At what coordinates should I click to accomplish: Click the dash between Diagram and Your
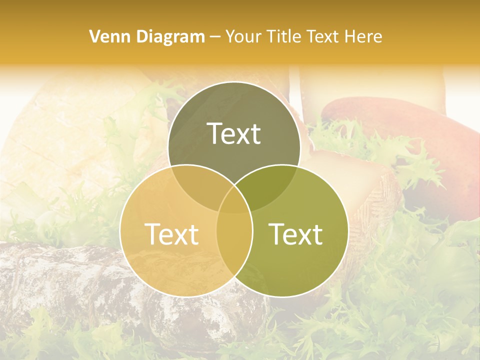point(215,37)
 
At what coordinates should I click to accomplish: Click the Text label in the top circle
point(234,133)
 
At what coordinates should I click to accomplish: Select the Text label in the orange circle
point(171,234)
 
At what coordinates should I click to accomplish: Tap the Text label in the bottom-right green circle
point(296,234)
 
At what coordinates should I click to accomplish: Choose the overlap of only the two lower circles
point(234,245)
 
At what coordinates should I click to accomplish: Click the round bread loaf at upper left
point(65,130)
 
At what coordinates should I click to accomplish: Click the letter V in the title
point(93,36)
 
